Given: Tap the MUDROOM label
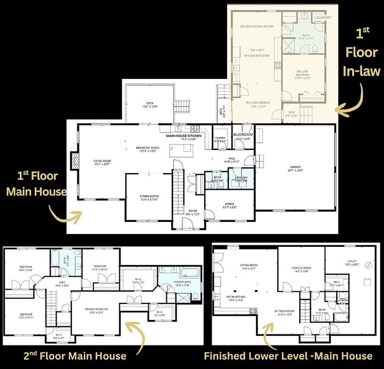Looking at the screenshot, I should [x=243, y=135].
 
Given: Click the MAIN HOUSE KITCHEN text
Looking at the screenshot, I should [x=185, y=136].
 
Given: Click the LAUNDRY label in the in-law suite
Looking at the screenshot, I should [x=322, y=18].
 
